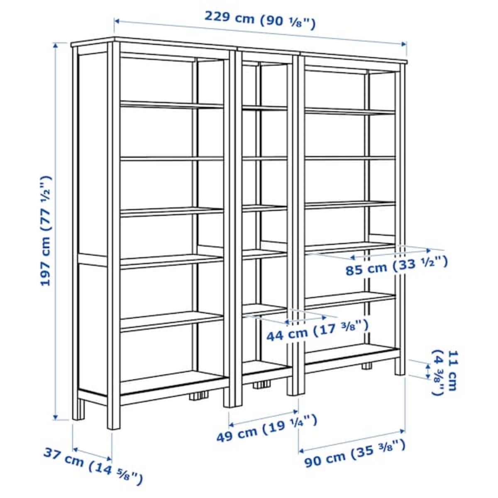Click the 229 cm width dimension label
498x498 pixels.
pyautogui.click(x=260, y=20)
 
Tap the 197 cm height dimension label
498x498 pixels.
pyautogui.click(x=45, y=230)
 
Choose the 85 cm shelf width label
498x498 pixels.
pyautogui.click(x=396, y=266)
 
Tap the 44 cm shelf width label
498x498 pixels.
pyautogui.click(x=317, y=330)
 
